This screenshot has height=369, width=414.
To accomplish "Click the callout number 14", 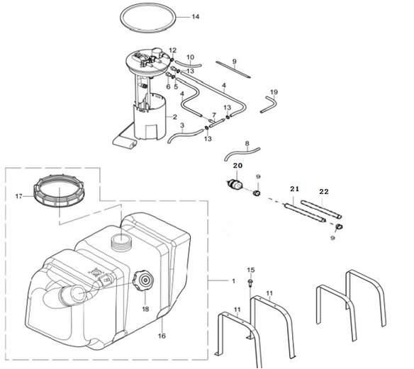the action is point(196,17).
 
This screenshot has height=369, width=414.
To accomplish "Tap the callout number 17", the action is point(18,196).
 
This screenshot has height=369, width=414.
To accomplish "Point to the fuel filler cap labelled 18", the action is point(142,280).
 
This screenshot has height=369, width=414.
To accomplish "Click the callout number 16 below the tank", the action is point(162,336).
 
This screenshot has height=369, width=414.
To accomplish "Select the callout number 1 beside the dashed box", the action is point(233,281).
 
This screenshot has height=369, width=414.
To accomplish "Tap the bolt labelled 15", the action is point(250,283).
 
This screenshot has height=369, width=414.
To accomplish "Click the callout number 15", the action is point(251,270).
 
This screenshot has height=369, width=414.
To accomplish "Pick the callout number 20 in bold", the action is point(237,166).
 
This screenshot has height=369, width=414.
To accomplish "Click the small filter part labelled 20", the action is point(235,184).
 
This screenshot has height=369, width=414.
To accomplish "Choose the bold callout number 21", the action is point(295,189).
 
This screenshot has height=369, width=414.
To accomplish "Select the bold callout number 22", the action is point(324,192).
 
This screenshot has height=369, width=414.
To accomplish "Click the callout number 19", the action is point(274,92).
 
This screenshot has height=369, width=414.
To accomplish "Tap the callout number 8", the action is point(247,144).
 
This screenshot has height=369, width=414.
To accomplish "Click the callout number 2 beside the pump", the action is point(175,117).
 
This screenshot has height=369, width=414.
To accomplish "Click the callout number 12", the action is point(173,50).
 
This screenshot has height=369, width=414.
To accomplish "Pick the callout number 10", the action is point(191,57).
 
